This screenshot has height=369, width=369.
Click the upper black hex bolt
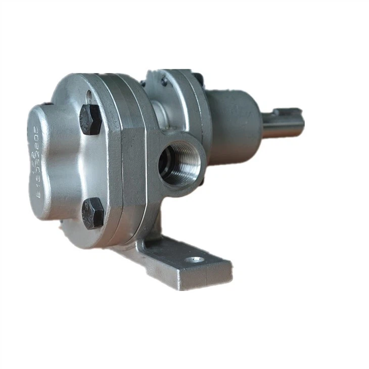(x=90, y=119)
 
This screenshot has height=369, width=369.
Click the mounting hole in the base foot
(x=196, y=260)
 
